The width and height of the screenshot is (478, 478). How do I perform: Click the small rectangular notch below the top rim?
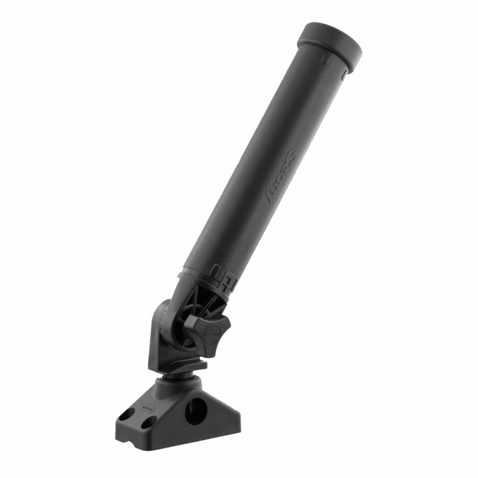click(323, 59)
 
